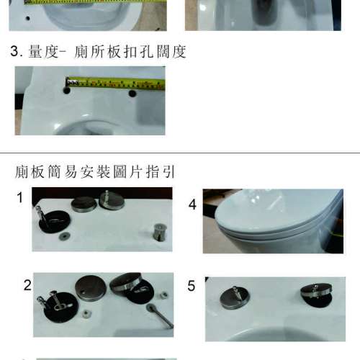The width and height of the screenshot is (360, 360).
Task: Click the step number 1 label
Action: click(20, 197)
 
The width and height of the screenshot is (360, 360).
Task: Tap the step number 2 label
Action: click(27, 284)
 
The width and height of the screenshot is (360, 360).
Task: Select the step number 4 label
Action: click(192, 204)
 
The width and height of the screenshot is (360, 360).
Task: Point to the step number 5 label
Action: click(192, 286)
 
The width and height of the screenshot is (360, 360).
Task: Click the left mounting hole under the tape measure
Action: click(66, 91)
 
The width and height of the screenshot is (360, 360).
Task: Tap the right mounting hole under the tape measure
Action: click(132, 93)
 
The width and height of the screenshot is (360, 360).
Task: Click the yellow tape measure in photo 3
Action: click(115, 82)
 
